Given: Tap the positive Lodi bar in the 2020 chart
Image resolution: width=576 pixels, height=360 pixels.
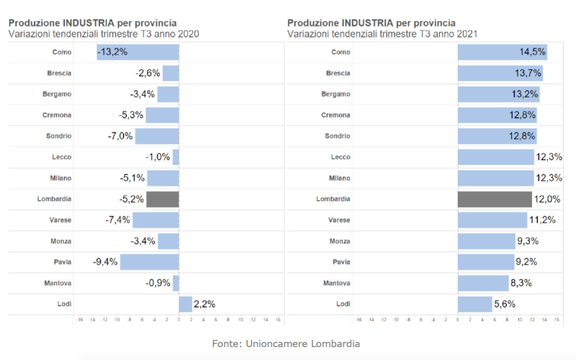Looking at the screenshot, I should (x=185, y=304).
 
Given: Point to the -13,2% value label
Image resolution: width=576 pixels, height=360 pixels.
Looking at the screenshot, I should (x=112, y=52).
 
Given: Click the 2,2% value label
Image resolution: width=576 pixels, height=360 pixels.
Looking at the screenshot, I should (x=204, y=304).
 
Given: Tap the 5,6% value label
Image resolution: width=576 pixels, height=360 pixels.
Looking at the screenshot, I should (x=505, y=304).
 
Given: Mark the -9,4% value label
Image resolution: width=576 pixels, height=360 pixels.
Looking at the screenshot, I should (x=105, y=261).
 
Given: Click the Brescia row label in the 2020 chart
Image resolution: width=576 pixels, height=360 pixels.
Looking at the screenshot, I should (x=59, y=73).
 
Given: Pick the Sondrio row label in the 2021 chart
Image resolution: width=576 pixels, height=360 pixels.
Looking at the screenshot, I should (x=338, y=135).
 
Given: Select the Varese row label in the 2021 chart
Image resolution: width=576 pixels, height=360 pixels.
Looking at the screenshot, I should (x=339, y=220).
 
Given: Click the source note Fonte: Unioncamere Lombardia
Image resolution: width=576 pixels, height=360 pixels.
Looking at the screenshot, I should (x=286, y=343).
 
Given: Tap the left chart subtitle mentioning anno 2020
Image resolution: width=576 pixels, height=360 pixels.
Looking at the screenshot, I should (x=104, y=34).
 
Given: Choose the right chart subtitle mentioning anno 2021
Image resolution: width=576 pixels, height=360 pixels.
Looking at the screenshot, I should (x=382, y=34).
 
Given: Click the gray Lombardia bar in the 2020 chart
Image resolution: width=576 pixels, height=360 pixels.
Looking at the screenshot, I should (x=163, y=199).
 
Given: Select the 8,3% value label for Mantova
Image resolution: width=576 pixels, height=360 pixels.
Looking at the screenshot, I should (x=520, y=283).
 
